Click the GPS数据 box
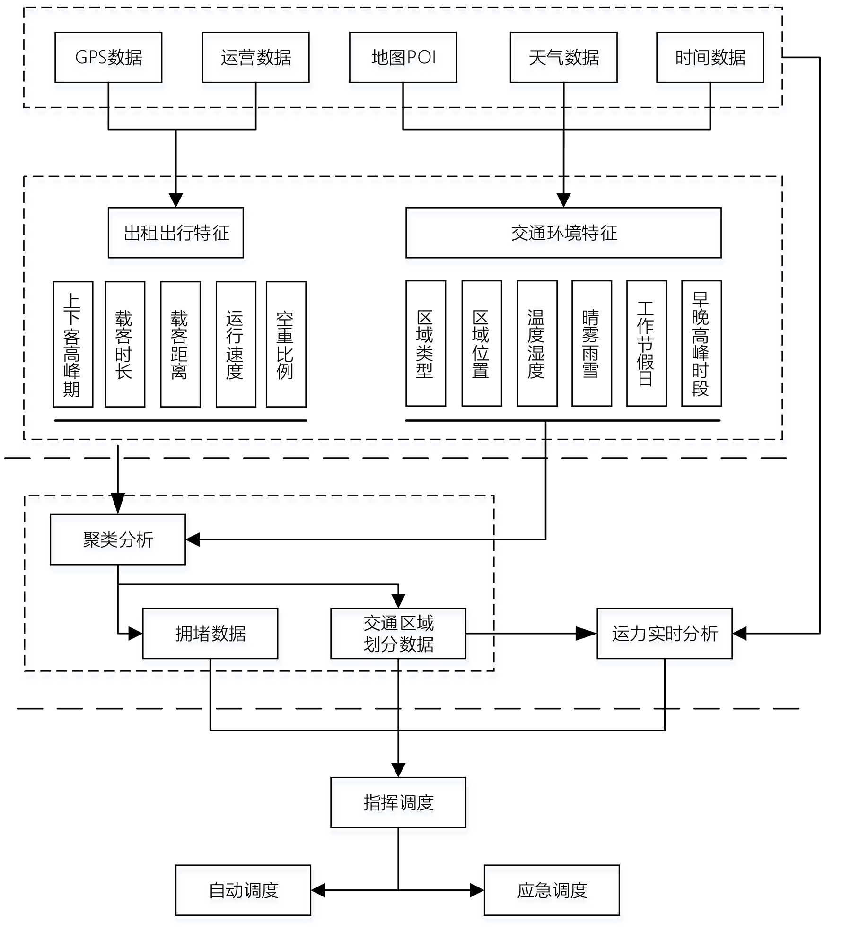(108, 57)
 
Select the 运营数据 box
(255, 57)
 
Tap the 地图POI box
(403, 57)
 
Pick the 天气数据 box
(563, 57)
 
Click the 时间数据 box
(710, 57)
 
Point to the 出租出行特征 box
(175, 233)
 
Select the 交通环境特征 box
(563, 233)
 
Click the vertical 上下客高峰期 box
(73, 344)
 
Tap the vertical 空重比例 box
(286, 344)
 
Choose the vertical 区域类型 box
(425, 344)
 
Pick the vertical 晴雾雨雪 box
(591, 344)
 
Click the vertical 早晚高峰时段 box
(701, 344)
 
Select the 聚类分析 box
(118, 539)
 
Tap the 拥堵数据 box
(210, 634)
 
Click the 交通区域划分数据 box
(398, 634)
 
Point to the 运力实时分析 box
(664, 634)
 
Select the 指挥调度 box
(398, 803)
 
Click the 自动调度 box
(243, 890)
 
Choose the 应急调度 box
(552, 890)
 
